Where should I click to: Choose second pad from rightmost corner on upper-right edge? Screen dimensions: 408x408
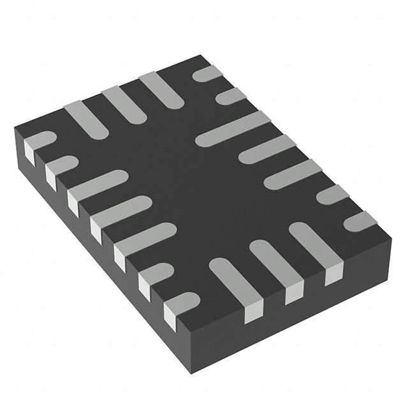point(332,195)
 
